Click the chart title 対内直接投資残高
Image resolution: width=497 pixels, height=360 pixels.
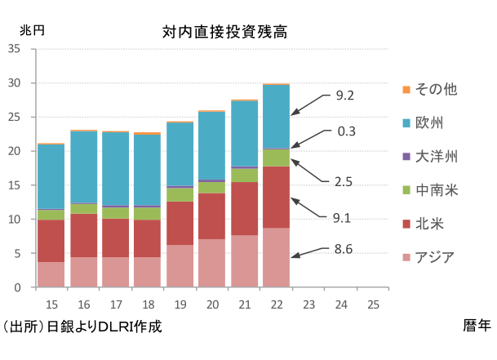[x=224, y=33]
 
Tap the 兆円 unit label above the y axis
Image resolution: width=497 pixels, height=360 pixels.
[x=32, y=29]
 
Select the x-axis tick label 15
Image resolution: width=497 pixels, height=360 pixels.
[x=51, y=304]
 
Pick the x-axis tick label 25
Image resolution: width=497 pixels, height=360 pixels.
[x=373, y=304]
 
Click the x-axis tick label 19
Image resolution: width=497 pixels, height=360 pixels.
[x=180, y=304]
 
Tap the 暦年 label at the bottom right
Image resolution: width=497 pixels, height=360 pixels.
[x=477, y=326]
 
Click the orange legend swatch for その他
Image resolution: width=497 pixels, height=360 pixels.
[x=406, y=88]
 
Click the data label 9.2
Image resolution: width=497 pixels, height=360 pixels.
[x=344, y=96]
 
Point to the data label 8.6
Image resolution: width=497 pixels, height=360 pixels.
[x=344, y=250]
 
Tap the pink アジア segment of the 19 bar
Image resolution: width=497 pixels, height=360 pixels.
[x=180, y=266]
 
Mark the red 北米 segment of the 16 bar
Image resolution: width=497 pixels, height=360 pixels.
[x=82, y=236]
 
